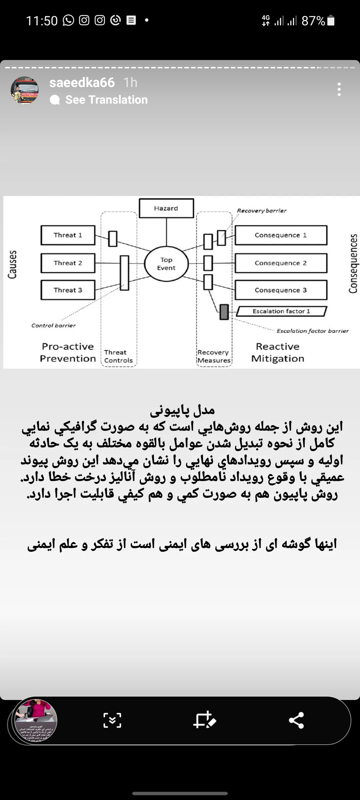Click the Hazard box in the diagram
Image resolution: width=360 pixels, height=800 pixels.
point(166,208)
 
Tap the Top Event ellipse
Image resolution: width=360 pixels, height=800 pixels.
point(166,264)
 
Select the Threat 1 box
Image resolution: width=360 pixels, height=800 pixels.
point(68,235)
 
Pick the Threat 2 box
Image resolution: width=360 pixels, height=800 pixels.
point(68,263)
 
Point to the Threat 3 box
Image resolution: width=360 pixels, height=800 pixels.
point(68,290)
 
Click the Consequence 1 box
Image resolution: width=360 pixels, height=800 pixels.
point(281,235)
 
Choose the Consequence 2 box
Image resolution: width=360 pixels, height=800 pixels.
point(281,263)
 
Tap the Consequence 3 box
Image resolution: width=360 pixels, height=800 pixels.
point(281,290)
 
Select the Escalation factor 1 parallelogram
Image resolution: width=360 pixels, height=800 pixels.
point(281,311)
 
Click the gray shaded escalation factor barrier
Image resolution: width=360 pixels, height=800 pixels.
point(224,312)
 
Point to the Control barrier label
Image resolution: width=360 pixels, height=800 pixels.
point(54,325)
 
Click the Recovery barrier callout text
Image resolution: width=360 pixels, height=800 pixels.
point(262,211)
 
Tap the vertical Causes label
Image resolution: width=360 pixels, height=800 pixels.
point(12,264)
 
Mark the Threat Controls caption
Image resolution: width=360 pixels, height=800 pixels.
point(118,356)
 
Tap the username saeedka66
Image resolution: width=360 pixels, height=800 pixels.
point(82,82)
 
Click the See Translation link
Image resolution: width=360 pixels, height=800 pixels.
point(106,100)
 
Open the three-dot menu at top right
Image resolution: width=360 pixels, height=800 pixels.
point(339,89)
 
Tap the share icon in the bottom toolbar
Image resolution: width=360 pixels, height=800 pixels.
point(296,720)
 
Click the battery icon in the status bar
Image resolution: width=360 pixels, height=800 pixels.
point(331,21)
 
